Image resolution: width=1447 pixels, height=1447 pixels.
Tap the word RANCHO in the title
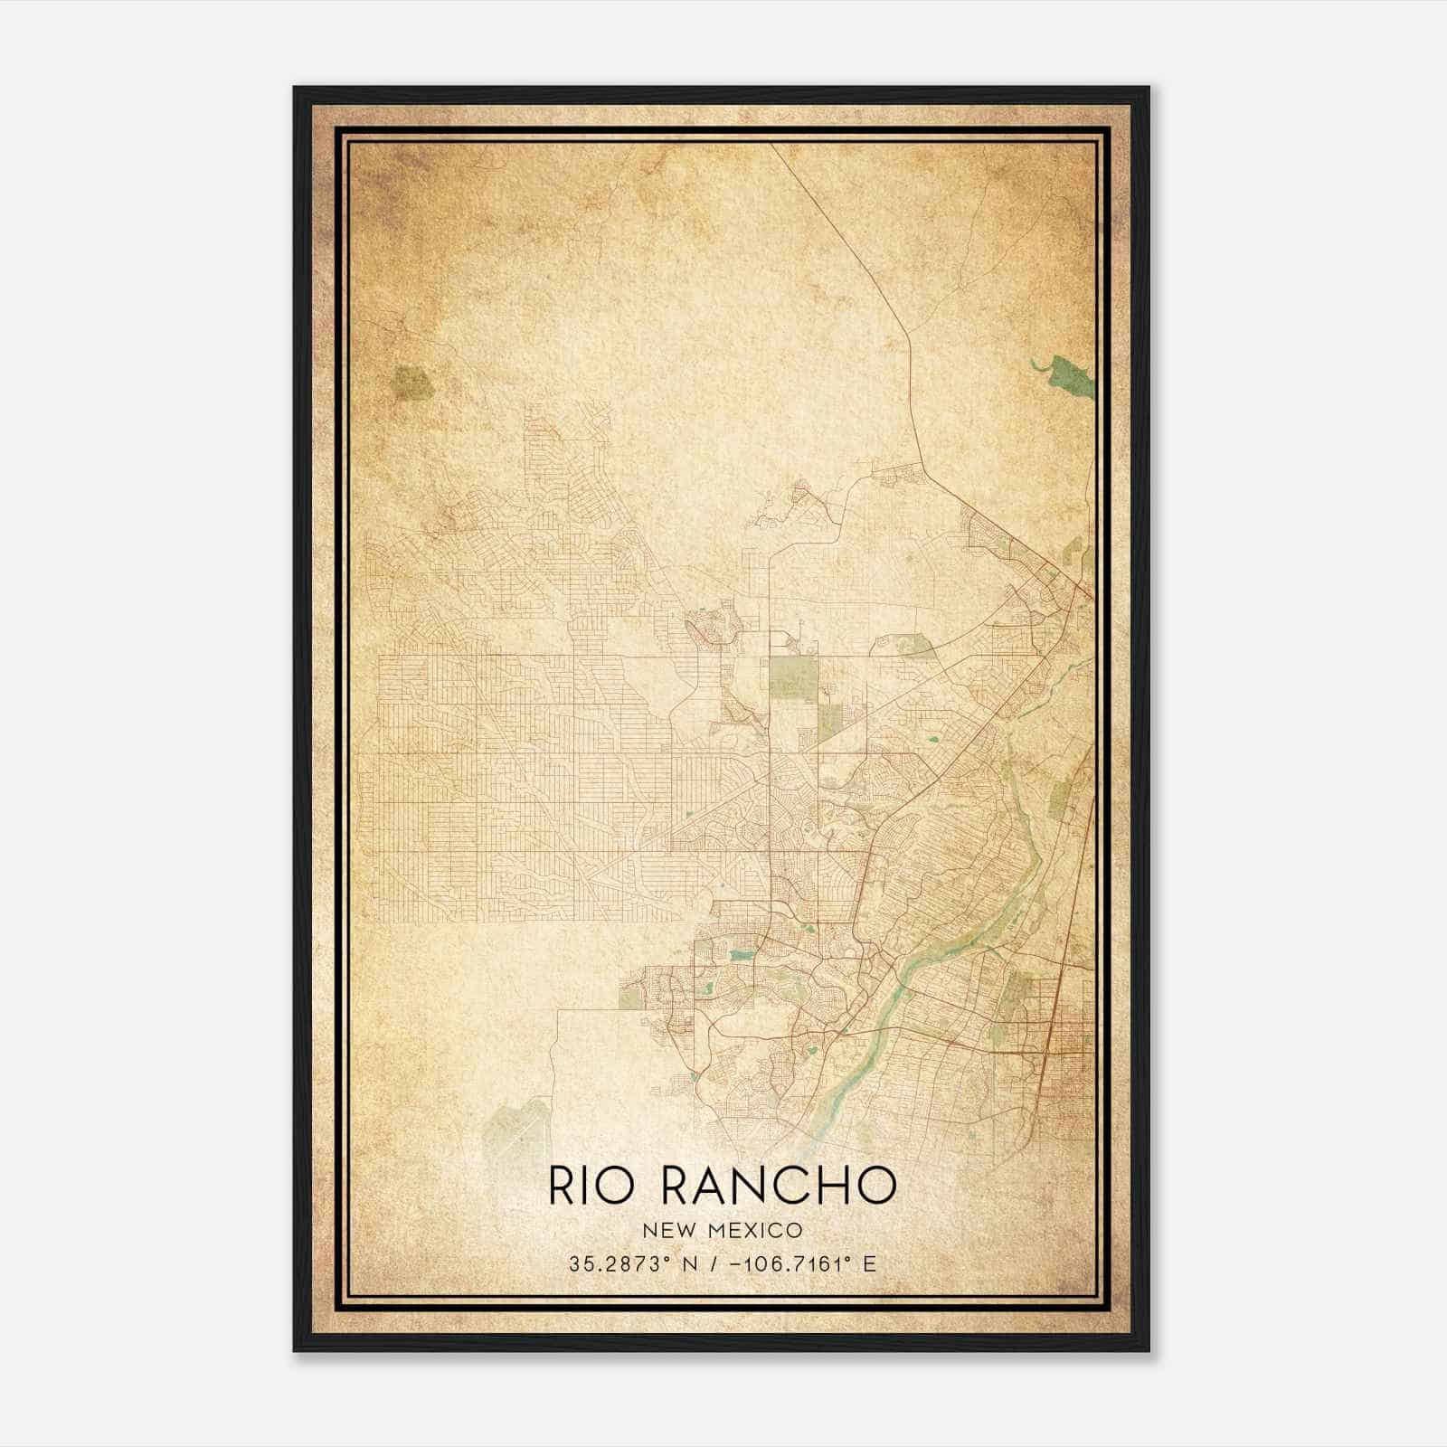point(779,1186)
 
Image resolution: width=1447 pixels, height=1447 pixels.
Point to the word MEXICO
point(756,1230)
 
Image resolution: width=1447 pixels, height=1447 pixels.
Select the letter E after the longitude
point(870,1264)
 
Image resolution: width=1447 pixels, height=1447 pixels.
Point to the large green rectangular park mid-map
point(792,677)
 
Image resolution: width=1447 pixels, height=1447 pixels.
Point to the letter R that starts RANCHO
point(676,1186)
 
